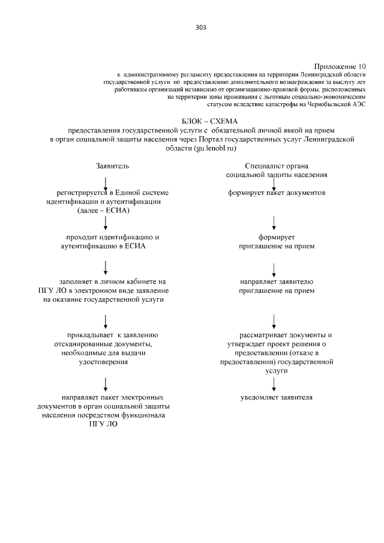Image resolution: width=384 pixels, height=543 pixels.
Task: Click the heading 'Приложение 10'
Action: (340, 65)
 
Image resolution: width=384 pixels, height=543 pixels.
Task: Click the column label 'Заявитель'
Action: (112, 165)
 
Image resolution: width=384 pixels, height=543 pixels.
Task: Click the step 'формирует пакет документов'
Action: (277, 193)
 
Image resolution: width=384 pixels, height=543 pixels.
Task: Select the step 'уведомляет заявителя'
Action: (277, 397)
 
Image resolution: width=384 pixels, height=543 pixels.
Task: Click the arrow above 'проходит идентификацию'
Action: (106, 223)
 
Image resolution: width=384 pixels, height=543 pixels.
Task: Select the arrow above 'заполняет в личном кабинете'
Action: (106, 266)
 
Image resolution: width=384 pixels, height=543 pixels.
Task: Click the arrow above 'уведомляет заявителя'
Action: (274, 383)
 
